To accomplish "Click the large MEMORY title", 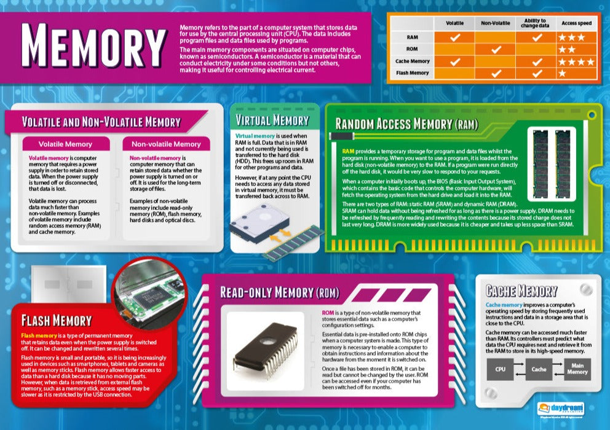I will pos(93,48).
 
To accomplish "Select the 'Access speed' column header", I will pos(576,23).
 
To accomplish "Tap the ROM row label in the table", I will pos(413,49).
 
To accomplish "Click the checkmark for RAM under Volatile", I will pos(454,37).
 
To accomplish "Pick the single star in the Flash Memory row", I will pos(562,73).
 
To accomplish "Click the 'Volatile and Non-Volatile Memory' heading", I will pos(101,122).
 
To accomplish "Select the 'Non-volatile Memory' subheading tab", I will pos(162,144).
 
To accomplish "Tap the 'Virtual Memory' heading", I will pos(272,120).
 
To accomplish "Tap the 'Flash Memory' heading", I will pos(57,320).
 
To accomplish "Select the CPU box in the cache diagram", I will pos(502,369).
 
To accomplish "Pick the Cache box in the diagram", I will pos(539,369).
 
